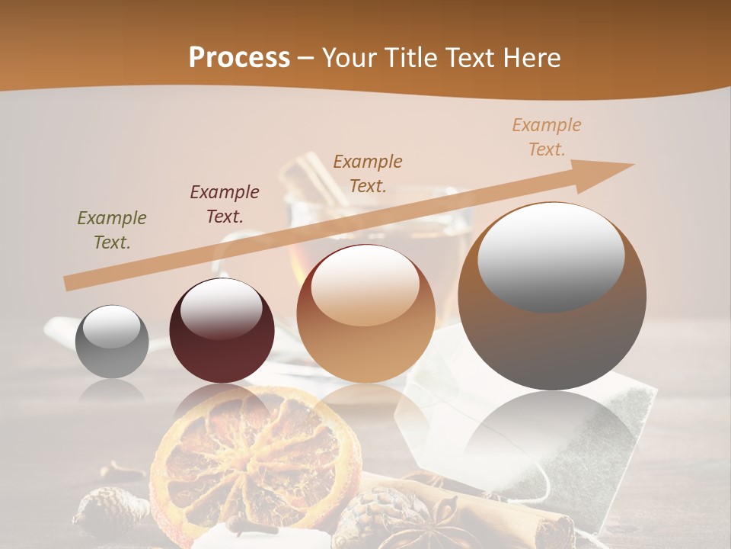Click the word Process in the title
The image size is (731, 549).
[x=239, y=58]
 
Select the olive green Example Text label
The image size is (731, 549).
[x=112, y=230]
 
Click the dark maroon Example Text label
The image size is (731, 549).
[x=225, y=204]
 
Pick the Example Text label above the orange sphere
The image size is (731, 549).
[x=368, y=173]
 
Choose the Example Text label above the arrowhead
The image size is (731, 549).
[x=547, y=137]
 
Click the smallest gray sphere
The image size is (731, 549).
[x=112, y=342]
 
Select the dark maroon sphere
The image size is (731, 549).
[x=222, y=331]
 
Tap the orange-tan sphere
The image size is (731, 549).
[x=365, y=313]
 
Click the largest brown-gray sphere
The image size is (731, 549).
[x=552, y=297]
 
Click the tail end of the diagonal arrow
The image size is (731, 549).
[x=70, y=283]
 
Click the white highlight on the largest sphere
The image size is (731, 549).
[x=551, y=257]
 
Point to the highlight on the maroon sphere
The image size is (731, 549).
[x=221, y=308]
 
